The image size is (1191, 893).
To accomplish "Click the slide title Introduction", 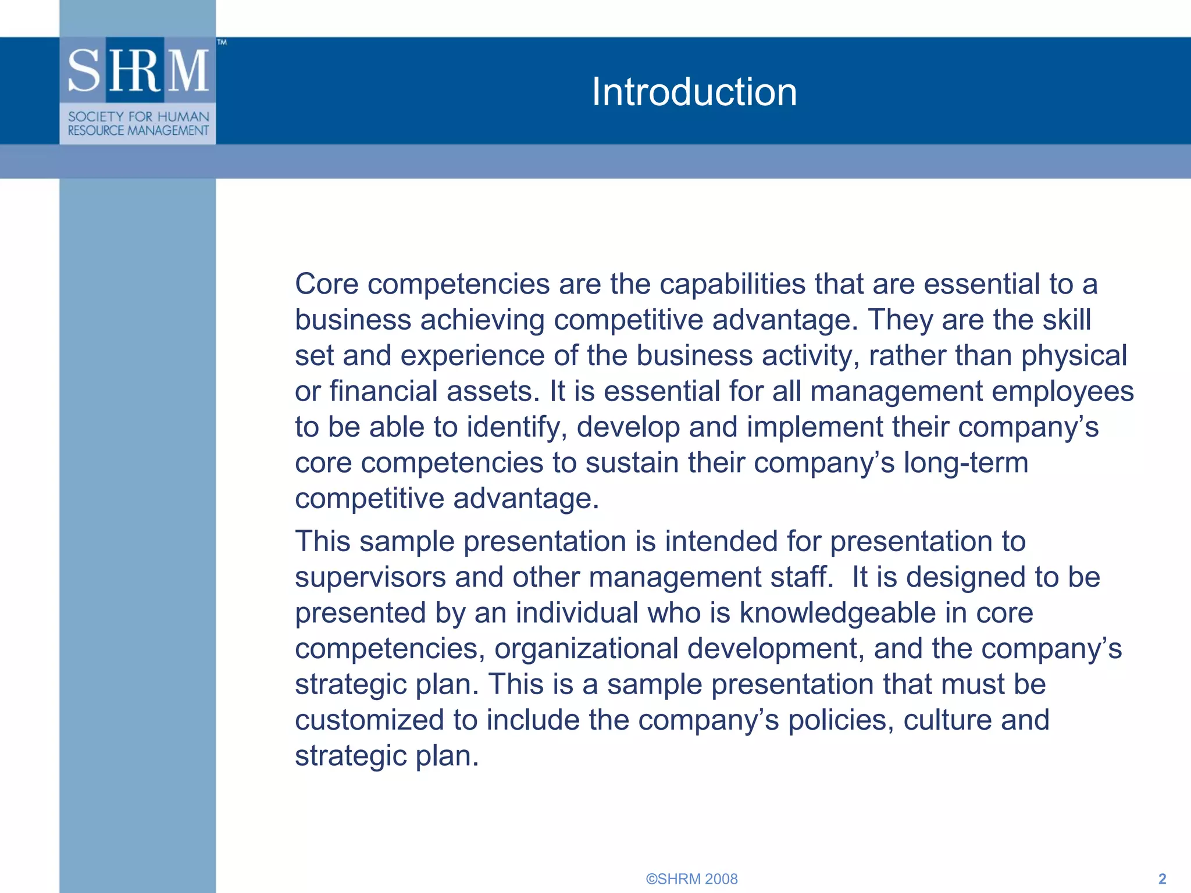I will [694, 92].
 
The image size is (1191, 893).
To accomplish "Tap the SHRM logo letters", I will [138, 71].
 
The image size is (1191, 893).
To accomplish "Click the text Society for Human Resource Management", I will [138, 123].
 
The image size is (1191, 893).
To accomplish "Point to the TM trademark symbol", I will [222, 42].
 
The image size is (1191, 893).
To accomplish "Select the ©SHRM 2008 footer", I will [691, 878].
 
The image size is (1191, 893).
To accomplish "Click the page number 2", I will [1162, 878].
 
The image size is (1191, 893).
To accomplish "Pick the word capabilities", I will [732, 284].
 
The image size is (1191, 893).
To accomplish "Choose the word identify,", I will [517, 427].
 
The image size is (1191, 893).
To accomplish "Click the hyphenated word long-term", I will [965, 463].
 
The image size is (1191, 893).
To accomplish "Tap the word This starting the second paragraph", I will [323, 541].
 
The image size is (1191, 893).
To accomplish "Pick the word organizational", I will [586, 649].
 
